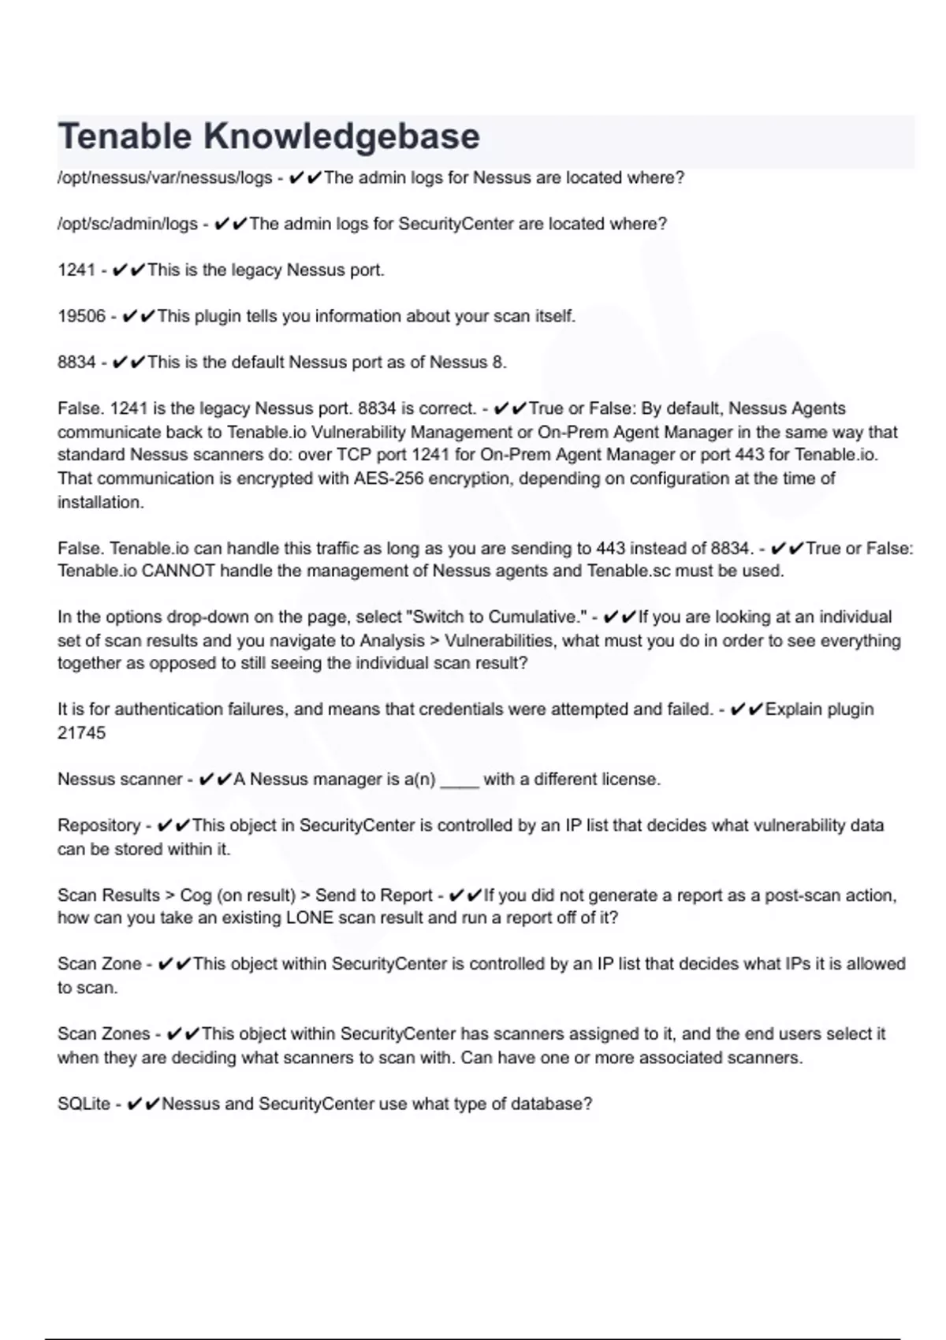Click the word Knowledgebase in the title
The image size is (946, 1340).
click(341, 137)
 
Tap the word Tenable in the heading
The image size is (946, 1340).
click(125, 137)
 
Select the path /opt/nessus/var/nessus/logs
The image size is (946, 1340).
click(165, 178)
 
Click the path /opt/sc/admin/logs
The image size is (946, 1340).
click(128, 224)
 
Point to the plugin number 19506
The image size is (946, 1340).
click(81, 316)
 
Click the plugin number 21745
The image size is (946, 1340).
click(81, 733)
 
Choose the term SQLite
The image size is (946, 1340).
click(84, 1104)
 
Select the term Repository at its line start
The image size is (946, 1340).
click(99, 825)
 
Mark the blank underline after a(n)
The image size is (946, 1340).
click(460, 780)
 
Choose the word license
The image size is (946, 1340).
click(629, 780)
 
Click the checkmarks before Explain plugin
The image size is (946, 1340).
click(747, 709)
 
